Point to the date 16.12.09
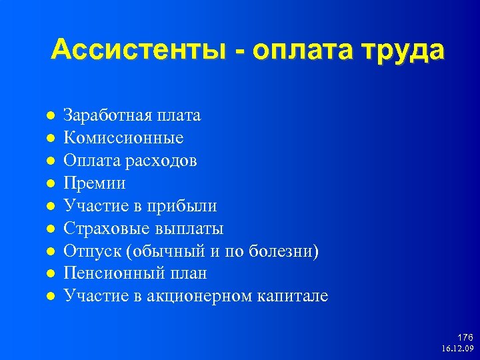(x=457, y=349)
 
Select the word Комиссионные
(x=123, y=138)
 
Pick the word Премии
(x=94, y=183)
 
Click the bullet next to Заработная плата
(x=50, y=116)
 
